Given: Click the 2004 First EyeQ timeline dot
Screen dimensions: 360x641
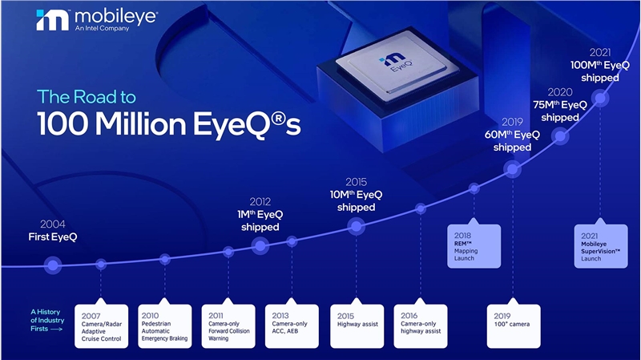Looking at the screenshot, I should (53, 263).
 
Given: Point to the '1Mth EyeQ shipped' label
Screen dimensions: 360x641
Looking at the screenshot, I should (260, 220).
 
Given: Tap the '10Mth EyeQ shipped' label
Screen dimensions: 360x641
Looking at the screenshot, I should (357, 200).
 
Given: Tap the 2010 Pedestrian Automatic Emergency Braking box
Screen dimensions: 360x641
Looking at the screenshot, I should (164, 326).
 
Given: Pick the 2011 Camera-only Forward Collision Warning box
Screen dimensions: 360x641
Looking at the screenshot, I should (228, 326).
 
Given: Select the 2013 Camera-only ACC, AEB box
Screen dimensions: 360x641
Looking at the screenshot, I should (292, 326).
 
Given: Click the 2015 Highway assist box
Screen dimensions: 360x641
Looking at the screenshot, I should (357, 326).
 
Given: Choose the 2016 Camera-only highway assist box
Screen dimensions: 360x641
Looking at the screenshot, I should (421, 326).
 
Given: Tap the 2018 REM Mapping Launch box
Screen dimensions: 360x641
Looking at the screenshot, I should (474, 245).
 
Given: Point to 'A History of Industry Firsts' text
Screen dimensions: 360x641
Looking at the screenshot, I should (46, 319).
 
